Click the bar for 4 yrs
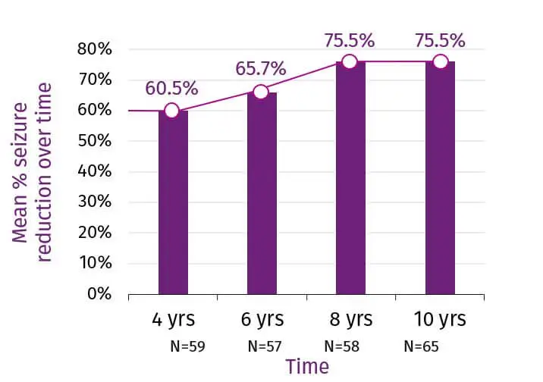(173, 202)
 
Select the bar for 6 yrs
(262, 193)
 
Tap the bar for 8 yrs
(350, 178)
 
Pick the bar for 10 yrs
(440, 178)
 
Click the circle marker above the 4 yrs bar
(172, 111)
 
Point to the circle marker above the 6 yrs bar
(261, 92)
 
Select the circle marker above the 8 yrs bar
(350, 61)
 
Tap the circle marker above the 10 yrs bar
(440, 61)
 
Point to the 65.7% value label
(261, 69)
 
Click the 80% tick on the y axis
(95, 50)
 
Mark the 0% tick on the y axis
(100, 293)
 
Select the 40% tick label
(95, 172)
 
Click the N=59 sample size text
(188, 347)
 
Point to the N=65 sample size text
(422, 347)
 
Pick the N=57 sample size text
(265, 347)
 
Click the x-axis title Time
(307, 368)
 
